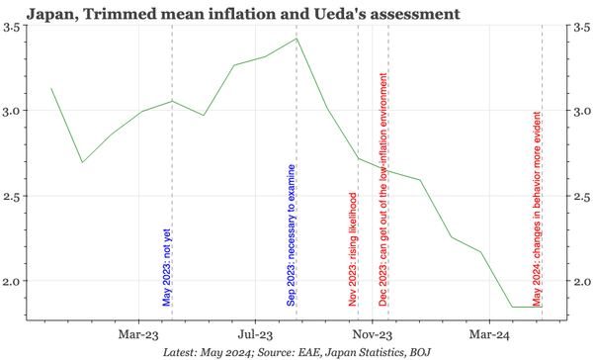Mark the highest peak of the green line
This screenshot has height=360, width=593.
click(x=296, y=39)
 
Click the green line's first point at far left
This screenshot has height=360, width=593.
click(x=50, y=89)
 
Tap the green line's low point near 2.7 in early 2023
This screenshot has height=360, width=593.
click(x=82, y=162)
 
